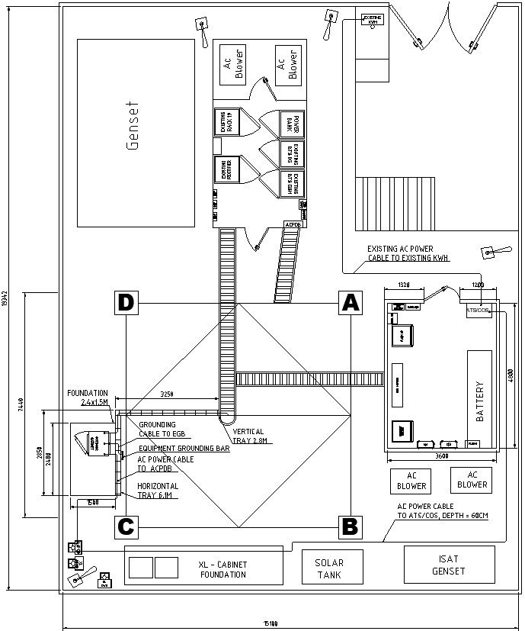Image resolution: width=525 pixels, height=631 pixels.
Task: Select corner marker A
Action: (350, 303)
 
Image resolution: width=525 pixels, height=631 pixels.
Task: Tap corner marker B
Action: (350, 526)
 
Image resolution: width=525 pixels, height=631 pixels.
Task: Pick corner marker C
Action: (126, 526)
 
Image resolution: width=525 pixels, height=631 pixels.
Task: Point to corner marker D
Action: (126, 303)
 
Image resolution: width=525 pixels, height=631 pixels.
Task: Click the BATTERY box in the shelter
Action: (479, 401)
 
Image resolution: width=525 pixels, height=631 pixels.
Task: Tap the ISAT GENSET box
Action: (449, 565)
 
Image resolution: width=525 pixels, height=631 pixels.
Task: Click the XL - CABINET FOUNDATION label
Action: (222, 569)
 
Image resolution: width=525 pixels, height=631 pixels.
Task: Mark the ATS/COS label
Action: (478, 311)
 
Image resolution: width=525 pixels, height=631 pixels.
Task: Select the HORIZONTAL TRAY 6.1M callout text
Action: (158, 491)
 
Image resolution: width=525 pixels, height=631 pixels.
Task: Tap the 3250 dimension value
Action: (167, 394)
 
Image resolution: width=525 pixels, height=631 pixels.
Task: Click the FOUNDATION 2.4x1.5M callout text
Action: (88, 398)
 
